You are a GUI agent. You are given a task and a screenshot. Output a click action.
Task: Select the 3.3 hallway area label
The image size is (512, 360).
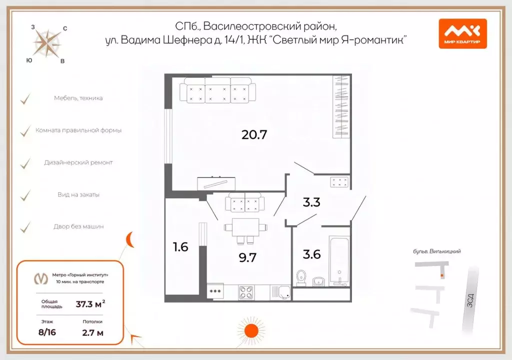311,202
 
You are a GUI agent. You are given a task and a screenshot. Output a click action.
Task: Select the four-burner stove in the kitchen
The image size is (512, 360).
246,292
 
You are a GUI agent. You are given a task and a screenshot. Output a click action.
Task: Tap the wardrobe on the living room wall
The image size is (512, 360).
340,106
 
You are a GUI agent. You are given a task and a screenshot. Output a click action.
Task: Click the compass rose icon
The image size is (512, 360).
47,43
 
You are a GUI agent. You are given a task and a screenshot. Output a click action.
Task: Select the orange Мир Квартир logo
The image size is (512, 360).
462,33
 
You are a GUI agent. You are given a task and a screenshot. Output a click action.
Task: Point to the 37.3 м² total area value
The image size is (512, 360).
90,303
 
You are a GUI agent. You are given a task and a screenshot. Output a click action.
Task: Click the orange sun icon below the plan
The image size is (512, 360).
248,330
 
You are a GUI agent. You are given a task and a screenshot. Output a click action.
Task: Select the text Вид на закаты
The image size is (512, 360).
78,194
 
